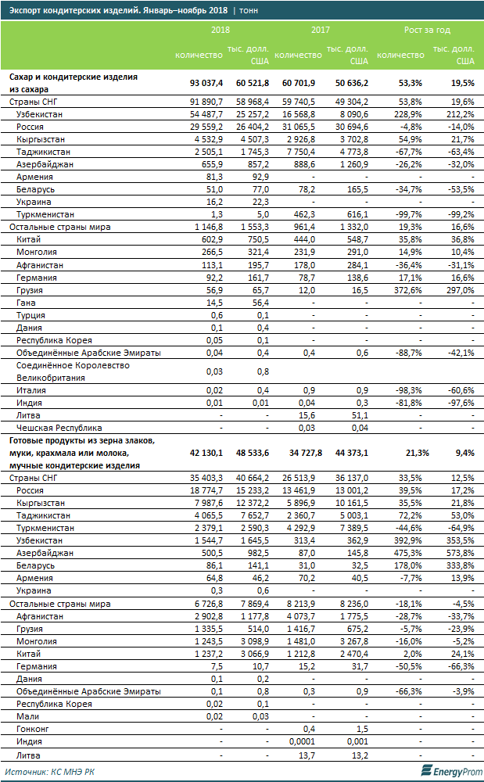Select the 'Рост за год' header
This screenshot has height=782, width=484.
(427, 29)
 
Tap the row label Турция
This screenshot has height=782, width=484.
(30, 315)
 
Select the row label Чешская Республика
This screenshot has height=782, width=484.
(59, 428)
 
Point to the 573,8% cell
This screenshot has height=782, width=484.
(458, 553)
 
